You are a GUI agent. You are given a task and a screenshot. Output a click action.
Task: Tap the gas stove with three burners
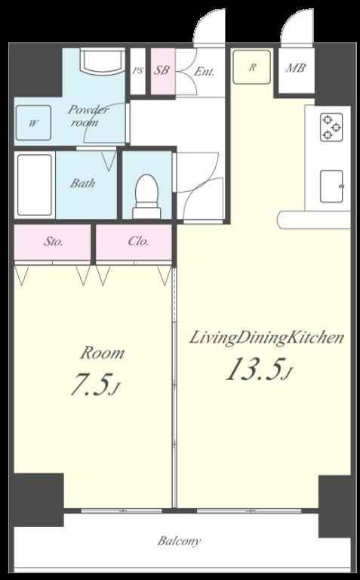[x=331, y=128]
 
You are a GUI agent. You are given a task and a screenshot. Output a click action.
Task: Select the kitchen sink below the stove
[x=331, y=187]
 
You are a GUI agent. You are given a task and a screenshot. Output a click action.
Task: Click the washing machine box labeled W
[x=33, y=123]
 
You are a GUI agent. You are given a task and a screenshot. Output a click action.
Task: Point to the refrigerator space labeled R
[x=252, y=67]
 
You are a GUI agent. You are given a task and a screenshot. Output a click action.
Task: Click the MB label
[x=295, y=68]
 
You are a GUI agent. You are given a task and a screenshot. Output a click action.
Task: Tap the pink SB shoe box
[x=162, y=71]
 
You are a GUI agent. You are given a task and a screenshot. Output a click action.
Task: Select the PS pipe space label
[x=137, y=71]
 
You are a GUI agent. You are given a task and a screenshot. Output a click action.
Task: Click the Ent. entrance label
[x=204, y=71]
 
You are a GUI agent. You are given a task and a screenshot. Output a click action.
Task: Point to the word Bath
[x=82, y=183]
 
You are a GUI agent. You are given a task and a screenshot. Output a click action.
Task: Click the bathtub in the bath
[x=35, y=185]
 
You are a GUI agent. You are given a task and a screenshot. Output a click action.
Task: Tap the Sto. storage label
[x=54, y=242]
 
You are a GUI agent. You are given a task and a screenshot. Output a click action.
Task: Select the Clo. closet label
[x=138, y=241]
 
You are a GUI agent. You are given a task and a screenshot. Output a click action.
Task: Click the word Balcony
[x=180, y=541]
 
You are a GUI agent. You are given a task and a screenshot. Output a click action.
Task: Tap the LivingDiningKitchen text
[x=266, y=338]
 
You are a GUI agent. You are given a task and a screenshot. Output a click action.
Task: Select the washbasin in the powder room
[x=103, y=61]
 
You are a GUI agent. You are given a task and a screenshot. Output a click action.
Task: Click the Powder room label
[x=88, y=116]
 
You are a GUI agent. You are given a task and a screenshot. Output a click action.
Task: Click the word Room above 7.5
[x=103, y=353]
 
